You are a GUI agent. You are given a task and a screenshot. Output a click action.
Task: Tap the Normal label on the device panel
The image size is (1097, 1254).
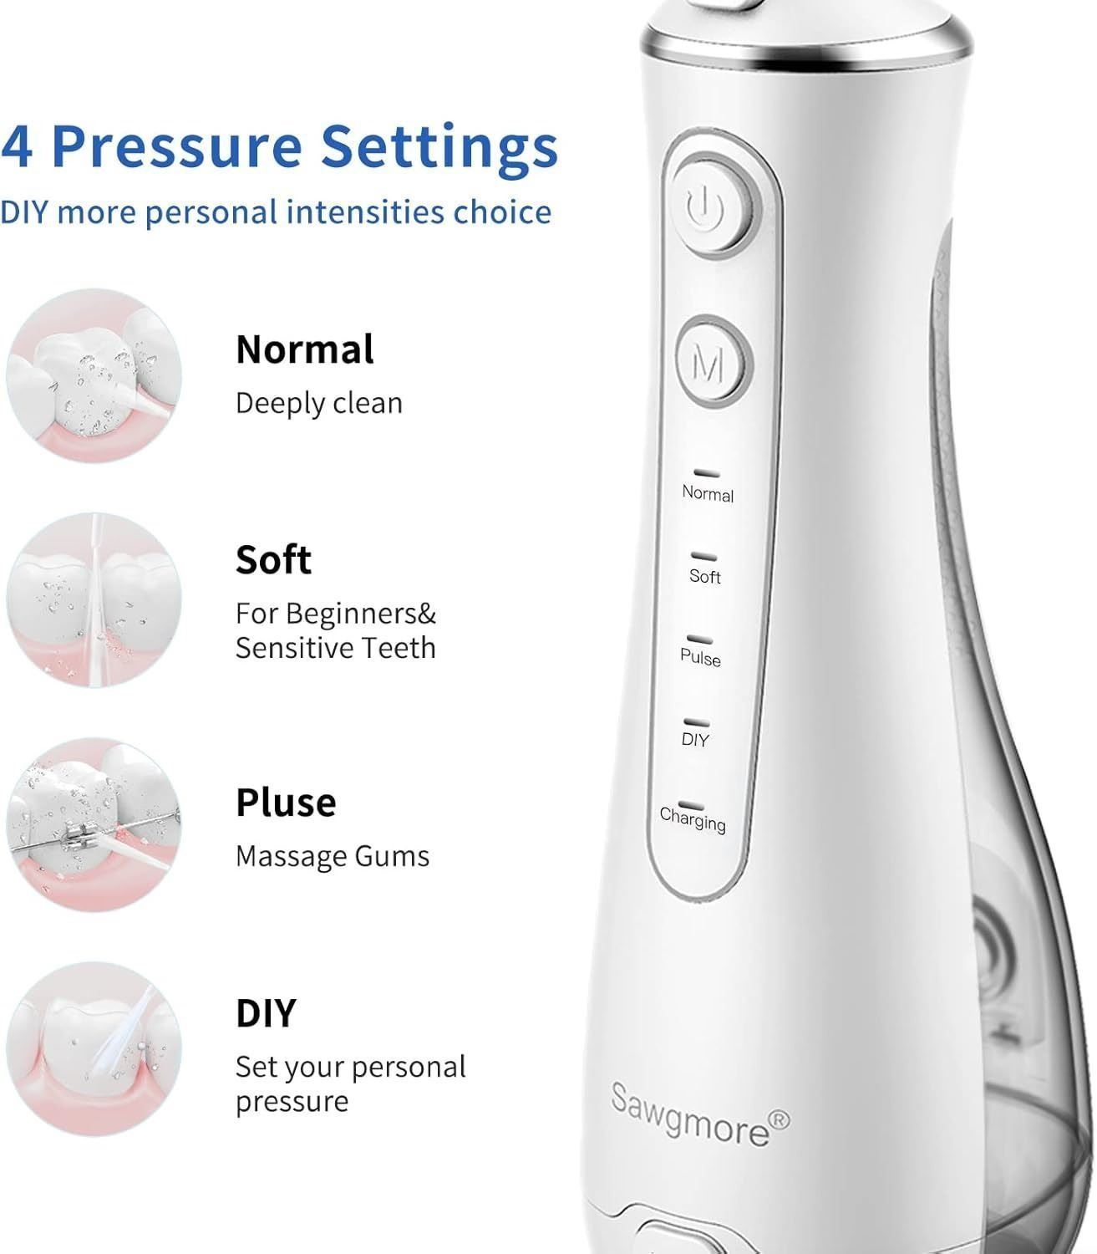[x=708, y=494]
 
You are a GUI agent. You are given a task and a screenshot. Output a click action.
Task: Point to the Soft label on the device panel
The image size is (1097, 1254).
[x=705, y=576]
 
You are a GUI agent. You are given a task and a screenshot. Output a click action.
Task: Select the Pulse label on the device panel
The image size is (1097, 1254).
[x=701, y=658]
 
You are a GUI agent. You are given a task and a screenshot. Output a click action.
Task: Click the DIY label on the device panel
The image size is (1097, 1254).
[x=694, y=740]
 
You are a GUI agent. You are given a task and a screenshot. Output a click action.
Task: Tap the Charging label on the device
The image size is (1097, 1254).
[x=693, y=819]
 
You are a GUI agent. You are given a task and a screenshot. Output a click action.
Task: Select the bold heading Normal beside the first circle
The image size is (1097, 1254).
[x=304, y=349]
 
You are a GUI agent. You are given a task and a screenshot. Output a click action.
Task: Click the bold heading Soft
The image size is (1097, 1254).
[x=273, y=559]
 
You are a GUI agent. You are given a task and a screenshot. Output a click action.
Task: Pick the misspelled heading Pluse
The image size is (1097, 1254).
[x=286, y=803]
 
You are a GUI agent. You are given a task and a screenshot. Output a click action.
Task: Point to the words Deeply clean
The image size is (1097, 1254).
[x=319, y=403]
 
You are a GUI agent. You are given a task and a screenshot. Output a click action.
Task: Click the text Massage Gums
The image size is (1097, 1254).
[x=333, y=856]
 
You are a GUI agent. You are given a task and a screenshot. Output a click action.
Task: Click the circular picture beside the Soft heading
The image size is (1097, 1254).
[x=94, y=600]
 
